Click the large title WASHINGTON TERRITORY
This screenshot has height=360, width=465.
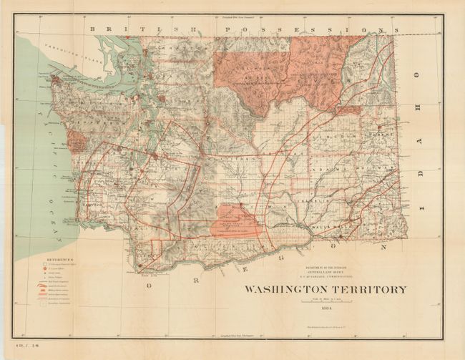[326, 290]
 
